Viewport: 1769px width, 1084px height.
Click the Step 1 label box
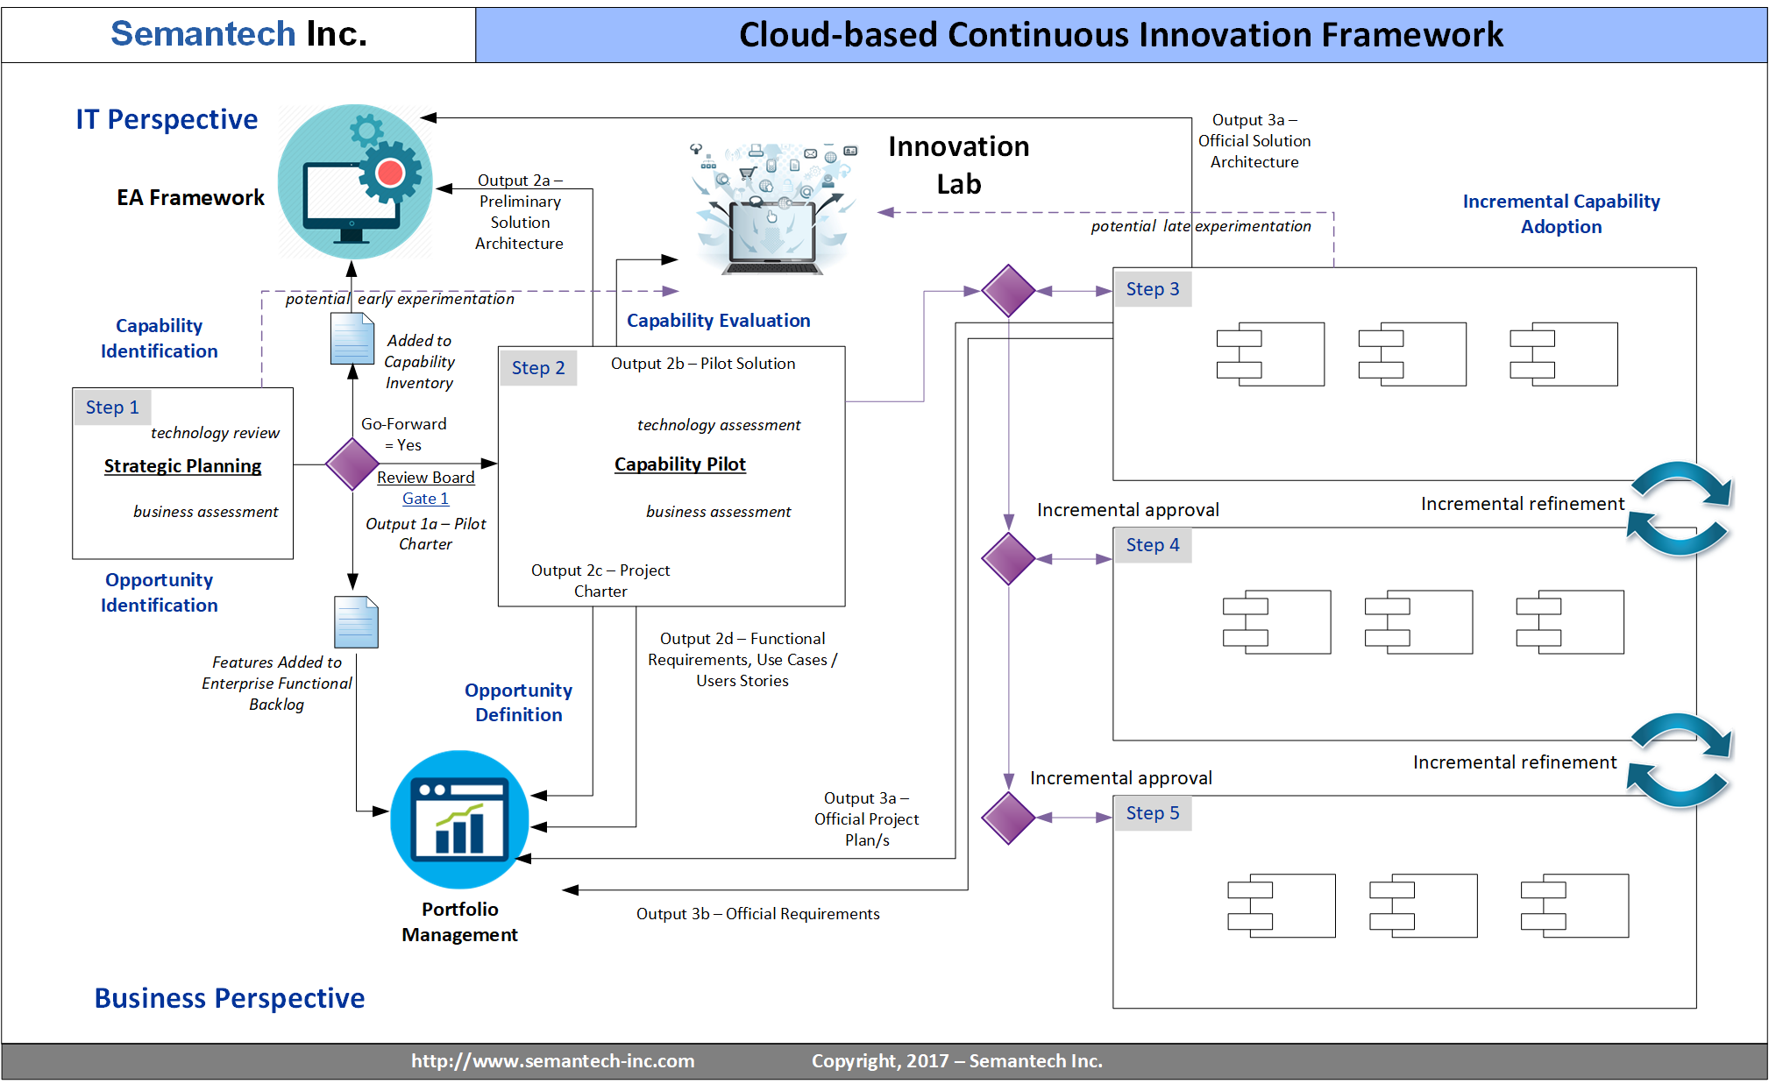(x=112, y=407)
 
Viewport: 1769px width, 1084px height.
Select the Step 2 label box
(x=538, y=368)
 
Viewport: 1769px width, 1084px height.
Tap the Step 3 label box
(x=1153, y=289)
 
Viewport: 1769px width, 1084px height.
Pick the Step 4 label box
(x=1153, y=545)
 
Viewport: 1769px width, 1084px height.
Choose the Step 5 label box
(x=1153, y=813)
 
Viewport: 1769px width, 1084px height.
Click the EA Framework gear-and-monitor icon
(x=355, y=182)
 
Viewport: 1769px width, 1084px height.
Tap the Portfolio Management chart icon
(x=459, y=819)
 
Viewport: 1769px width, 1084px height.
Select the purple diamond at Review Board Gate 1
(x=352, y=464)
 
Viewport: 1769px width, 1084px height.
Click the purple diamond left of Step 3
(x=1009, y=291)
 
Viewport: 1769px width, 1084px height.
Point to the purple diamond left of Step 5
(x=1009, y=818)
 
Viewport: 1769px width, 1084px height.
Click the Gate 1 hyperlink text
(x=425, y=499)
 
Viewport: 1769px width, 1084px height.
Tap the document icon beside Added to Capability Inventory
(x=352, y=338)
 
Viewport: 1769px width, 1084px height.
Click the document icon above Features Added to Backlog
(x=356, y=622)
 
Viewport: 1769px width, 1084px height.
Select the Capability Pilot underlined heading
(x=679, y=464)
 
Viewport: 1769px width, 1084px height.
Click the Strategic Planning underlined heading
(x=182, y=466)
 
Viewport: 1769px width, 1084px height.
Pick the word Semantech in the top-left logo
(x=203, y=34)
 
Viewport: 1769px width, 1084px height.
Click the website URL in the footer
(x=552, y=1061)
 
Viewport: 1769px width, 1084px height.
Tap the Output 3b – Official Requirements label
(x=757, y=914)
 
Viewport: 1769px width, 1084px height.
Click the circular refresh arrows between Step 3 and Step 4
(x=1679, y=509)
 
